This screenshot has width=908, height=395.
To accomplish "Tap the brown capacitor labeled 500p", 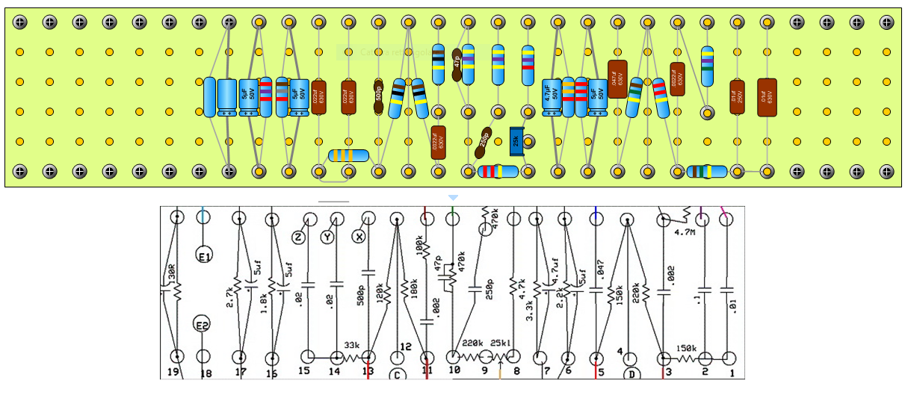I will pyautogui.click(x=379, y=97).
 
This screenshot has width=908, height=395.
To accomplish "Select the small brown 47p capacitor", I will pyautogui.click(x=457, y=62).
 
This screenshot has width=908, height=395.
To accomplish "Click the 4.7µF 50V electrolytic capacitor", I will pyautogui.click(x=552, y=97).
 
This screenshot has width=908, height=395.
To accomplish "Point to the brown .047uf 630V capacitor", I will pyautogui.click(x=617, y=79).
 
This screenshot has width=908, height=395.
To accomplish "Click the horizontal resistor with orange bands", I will pyautogui.click(x=348, y=155).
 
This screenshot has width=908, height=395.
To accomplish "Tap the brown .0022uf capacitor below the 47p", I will pyautogui.click(x=439, y=141).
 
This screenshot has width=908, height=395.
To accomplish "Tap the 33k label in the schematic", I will pyautogui.click(x=352, y=346).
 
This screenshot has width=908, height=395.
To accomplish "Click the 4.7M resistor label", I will pyautogui.click(x=685, y=231).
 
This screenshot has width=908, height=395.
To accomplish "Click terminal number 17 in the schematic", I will pyautogui.click(x=240, y=373).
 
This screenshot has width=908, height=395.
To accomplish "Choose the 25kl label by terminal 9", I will pyautogui.click(x=500, y=344).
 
